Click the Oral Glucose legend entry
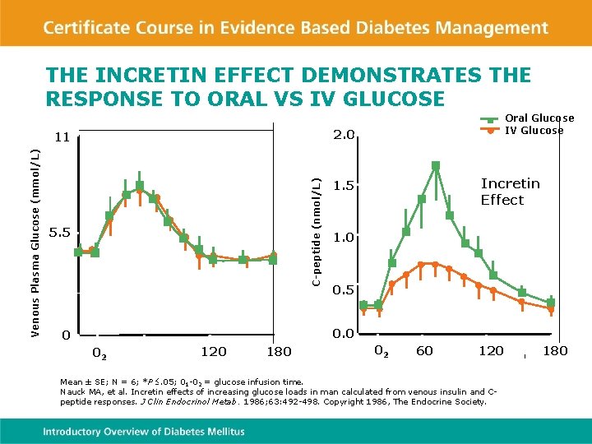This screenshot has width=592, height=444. point(539,118)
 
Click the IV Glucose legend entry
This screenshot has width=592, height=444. point(534,130)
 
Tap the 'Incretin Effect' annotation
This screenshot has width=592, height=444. point(510,192)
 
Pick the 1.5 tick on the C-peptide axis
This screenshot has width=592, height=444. point(343,187)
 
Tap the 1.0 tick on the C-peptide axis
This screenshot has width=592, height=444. point(343,238)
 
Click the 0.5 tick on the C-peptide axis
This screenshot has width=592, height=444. point(343,290)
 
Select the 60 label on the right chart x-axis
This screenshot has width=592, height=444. point(424,351)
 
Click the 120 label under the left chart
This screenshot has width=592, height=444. point(214,352)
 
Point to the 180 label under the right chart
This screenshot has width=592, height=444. point(555,351)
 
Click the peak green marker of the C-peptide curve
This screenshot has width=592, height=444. point(436,165)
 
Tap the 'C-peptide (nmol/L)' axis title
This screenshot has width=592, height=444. point(317,232)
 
